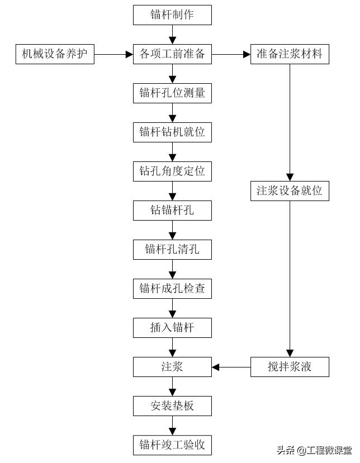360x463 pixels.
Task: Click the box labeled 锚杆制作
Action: (172, 15)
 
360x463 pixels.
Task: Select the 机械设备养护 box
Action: (54, 54)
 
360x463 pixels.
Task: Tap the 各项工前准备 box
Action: (172, 54)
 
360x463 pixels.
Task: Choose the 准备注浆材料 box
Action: (290, 54)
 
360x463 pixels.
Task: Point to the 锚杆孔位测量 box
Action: (172, 93)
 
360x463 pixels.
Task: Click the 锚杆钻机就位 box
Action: (172, 132)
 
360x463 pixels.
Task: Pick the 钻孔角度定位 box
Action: (172, 171)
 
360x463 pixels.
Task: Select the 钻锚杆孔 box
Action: (172, 211)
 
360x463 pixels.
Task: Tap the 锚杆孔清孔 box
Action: (172, 249)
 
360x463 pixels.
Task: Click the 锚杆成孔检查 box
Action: (172, 289)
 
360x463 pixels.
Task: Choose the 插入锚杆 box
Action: (172, 328)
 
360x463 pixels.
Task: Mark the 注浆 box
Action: (172, 367)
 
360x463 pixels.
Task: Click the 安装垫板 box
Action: (172, 405)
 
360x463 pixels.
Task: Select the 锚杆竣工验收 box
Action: (172, 445)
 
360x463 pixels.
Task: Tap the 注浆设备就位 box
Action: (290, 190)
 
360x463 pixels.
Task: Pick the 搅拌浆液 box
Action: (290, 367)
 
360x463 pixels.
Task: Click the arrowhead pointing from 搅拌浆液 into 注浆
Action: (216, 367)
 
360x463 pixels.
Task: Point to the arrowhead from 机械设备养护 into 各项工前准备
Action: (129, 54)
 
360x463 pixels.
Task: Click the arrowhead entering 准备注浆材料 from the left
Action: (247, 54)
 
